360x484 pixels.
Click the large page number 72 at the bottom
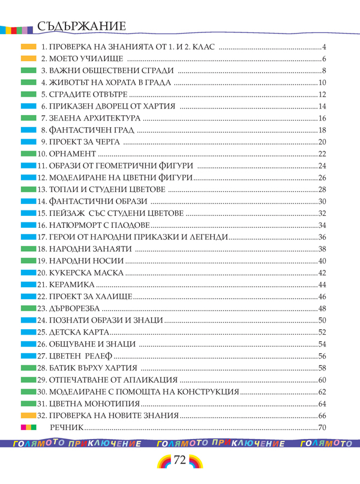tap(180, 462)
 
